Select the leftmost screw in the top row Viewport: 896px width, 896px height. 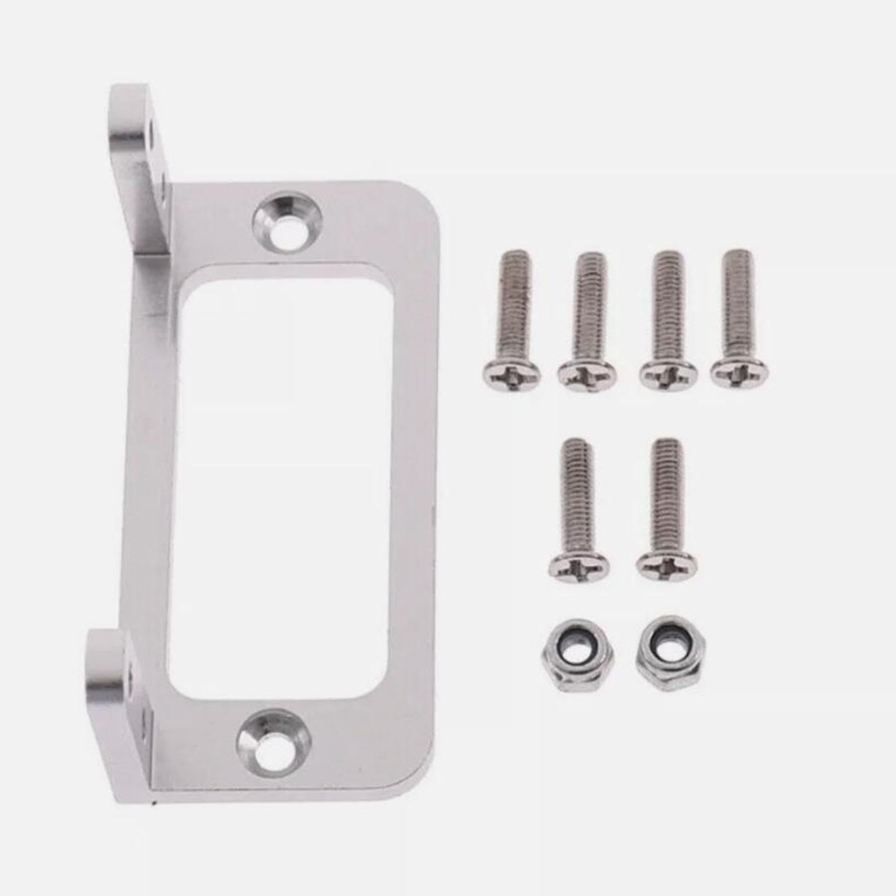[511, 325]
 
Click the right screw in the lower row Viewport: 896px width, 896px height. [668, 510]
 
